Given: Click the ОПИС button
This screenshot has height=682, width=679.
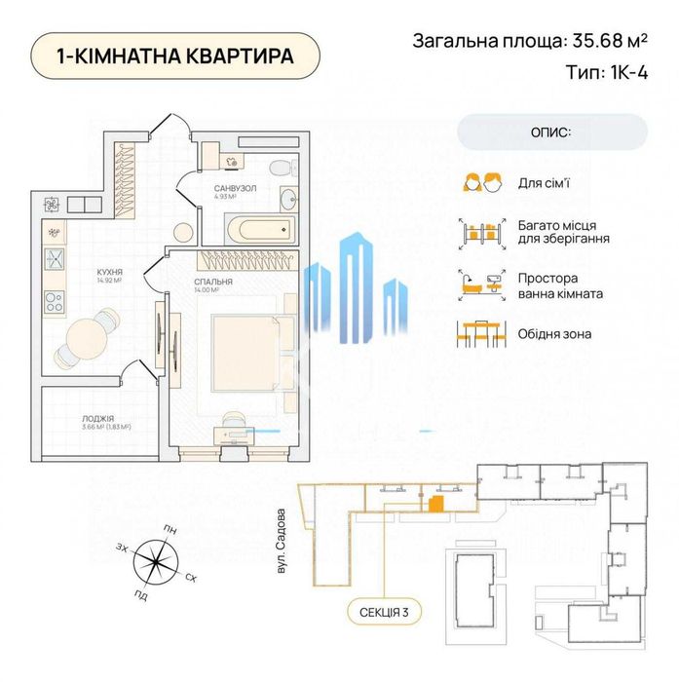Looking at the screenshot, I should point(552,132).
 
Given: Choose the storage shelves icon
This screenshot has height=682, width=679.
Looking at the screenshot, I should point(483,232).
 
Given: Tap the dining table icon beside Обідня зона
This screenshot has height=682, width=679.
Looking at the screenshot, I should point(483,332).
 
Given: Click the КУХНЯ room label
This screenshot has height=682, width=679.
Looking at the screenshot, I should point(108,274).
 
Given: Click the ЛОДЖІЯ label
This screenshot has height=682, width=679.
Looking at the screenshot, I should point(99,417).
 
